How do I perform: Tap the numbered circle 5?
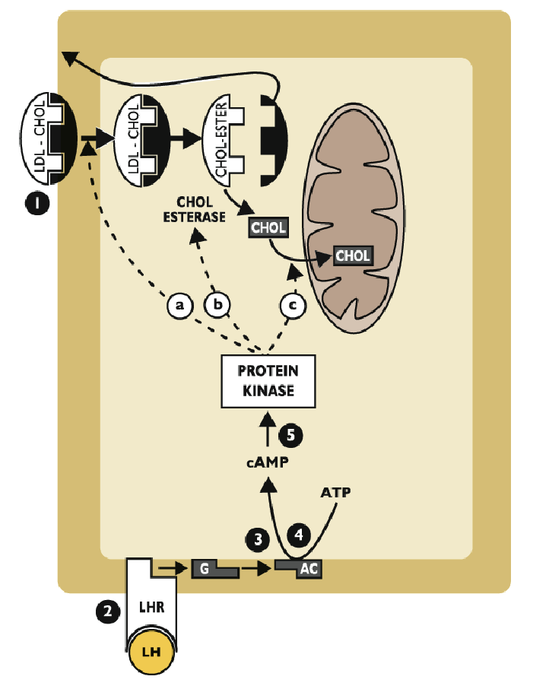(x=291, y=435)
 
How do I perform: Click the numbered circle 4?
(x=301, y=535)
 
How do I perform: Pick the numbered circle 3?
(x=258, y=540)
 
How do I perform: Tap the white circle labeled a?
(x=180, y=306)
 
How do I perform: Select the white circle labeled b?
(x=217, y=306)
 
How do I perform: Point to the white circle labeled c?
(x=293, y=306)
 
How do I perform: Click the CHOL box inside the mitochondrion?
(x=354, y=256)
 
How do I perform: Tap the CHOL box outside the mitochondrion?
(x=268, y=227)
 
